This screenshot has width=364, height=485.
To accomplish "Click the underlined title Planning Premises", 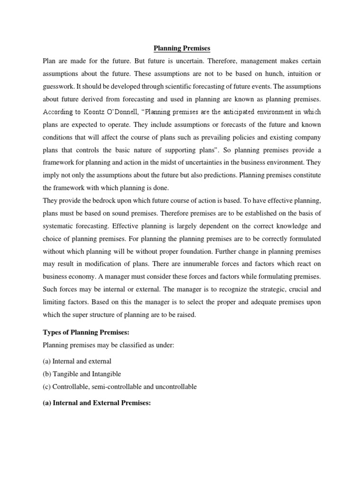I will click(182, 48).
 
